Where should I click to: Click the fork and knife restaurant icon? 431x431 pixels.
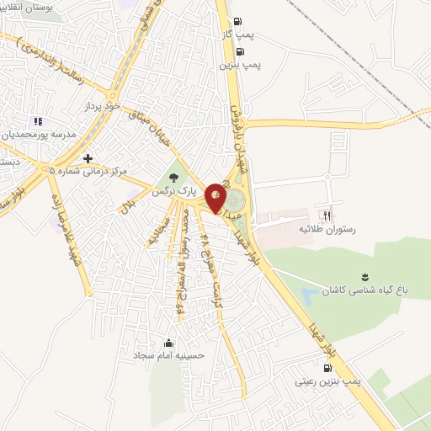[327, 214]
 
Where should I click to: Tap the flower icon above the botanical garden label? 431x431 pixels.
[364, 276]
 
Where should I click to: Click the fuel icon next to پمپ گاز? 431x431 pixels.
[240, 22]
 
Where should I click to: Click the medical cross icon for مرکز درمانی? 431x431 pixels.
[88, 158]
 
